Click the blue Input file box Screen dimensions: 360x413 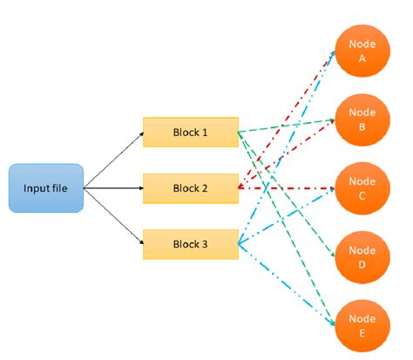45,187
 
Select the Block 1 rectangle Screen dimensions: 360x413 190,132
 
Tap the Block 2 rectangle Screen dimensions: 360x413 190,187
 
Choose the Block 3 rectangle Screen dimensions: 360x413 190,243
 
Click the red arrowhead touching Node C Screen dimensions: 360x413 330,188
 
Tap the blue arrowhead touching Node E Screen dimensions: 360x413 332,323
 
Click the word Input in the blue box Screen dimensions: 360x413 36,187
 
